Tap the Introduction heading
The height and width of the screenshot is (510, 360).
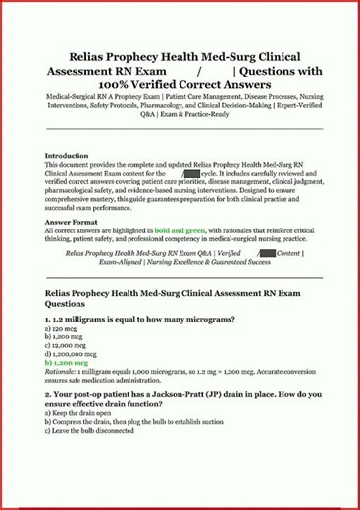[69, 155]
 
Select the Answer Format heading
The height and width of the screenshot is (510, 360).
[72, 222]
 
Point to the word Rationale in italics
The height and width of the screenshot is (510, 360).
[64, 371]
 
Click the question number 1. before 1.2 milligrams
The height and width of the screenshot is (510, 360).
[49, 320]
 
